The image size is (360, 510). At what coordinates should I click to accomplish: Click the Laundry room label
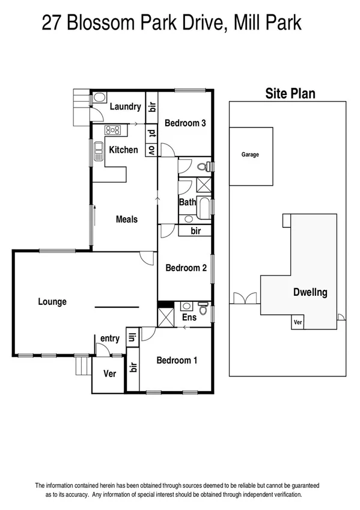coord(125,107)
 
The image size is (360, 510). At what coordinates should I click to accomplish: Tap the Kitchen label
coord(123,150)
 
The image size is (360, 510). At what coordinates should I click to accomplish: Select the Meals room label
coord(127,220)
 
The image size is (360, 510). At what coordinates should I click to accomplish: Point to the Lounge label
coord(52,302)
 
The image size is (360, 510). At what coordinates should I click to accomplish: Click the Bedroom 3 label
coord(186,123)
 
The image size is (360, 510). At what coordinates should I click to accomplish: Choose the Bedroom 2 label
coord(186,268)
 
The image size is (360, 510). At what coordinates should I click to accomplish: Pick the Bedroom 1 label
coord(177,361)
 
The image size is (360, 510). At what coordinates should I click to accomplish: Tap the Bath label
coord(187,203)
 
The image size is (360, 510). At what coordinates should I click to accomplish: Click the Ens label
coord(189,317)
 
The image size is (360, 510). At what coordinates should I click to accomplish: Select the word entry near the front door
coord(110,339)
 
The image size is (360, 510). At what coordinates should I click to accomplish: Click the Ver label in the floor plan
coord(109,373)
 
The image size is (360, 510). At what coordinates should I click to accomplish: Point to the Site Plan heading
coord(290,94)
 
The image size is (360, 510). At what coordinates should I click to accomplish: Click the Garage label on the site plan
coord(250,155)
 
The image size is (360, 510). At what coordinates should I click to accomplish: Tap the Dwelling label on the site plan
coord(310,293)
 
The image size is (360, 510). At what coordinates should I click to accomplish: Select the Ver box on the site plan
coord(297,322)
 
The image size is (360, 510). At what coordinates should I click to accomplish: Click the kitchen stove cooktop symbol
coord(113,130)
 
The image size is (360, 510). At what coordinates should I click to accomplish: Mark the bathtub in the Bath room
coord(204,208)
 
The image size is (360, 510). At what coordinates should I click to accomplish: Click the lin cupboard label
coord(130,338)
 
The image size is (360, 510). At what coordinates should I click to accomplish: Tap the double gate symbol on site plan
coord(245,298)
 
